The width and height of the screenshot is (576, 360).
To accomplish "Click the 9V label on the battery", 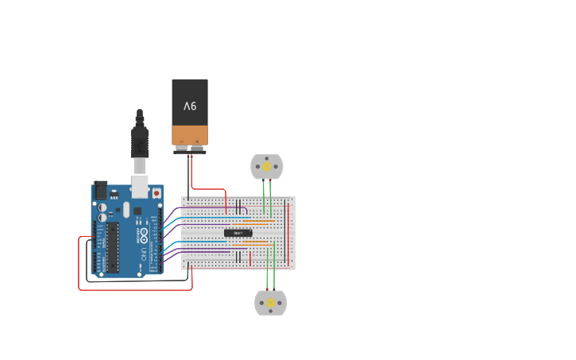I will [x=190, y=106].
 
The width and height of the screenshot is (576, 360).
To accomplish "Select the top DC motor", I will [x=267, y=167].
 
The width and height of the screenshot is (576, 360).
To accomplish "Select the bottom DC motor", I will [x=270, y=303].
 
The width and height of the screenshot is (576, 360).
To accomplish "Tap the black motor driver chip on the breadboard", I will [x=238, y=233].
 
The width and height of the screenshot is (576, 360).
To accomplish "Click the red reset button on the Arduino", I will [x=157, y=193].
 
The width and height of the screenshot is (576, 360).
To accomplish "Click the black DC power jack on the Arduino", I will [x=101, y=190].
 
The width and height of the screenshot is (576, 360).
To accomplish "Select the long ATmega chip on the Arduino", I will [x=113, y=246].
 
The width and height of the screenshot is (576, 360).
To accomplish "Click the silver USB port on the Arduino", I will [x=140, y=185].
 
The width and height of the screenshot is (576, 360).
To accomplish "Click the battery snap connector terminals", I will [x=190, y=148].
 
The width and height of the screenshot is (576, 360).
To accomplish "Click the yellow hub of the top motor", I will [x=267, y=167].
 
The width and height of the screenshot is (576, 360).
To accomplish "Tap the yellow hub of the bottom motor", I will [x=270, y=303].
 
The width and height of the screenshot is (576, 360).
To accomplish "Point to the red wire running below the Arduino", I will [x=135, y=289].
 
